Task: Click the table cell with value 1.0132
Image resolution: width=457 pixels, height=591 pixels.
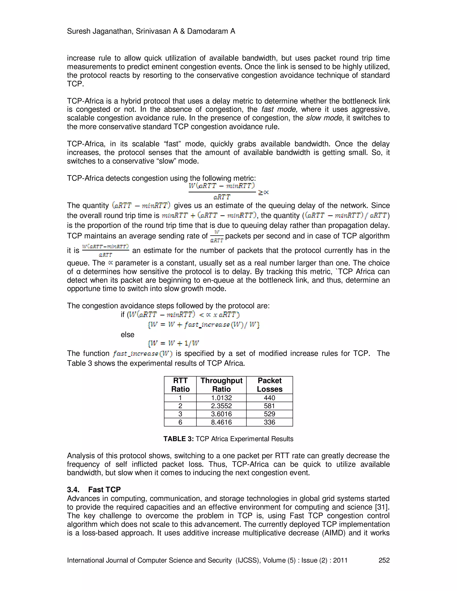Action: tap(221, 398)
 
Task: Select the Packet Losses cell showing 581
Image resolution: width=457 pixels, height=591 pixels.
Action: tap(269, 406)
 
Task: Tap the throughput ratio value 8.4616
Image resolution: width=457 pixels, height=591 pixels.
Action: tap(221, 422)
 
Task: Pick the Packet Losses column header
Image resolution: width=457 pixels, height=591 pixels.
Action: tap(269, 385)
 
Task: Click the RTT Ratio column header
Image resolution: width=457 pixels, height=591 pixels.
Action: tap(180, 385)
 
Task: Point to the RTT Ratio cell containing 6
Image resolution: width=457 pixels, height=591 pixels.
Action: tap(180, 422)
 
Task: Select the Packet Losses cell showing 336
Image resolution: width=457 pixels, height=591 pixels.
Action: tap(269, 422)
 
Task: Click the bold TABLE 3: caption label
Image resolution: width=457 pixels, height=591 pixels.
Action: tap(179, 439)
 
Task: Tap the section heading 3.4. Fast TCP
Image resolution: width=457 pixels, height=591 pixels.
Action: tap(94, 490)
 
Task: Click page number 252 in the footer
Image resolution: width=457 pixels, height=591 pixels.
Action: tap(384, 560)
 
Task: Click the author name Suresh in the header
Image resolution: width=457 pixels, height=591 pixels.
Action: tap(79, 31)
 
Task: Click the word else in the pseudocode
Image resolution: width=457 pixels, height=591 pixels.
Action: tap(127, 335)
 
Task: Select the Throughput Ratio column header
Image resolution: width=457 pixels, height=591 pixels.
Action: tap(221, 385)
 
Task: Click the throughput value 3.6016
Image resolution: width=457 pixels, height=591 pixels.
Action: tap(221, 414)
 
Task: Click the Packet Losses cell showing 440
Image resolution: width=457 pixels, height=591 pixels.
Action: tap(269, 398)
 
